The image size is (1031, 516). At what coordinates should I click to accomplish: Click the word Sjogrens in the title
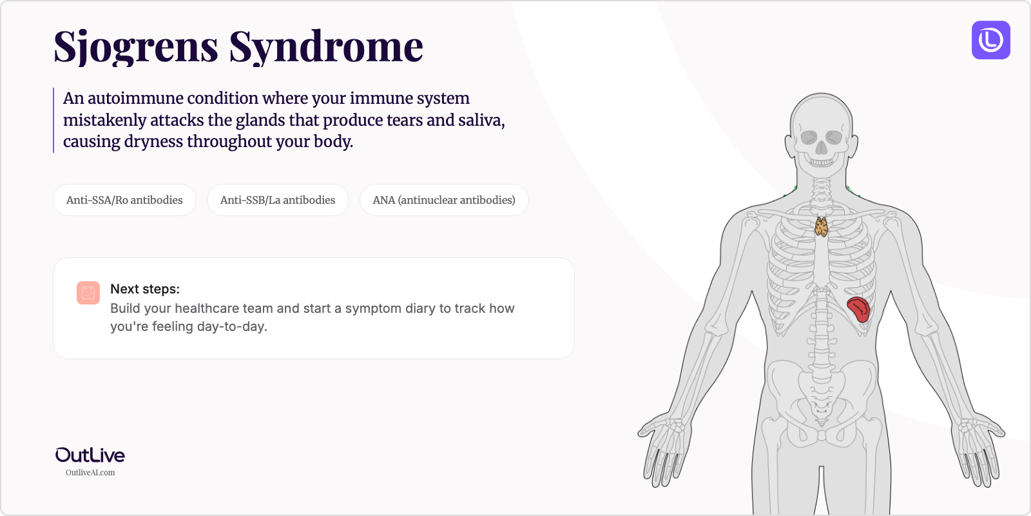pyautogui.click(x=136, y=47)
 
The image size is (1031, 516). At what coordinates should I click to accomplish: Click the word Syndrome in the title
pyautogui.click(x=326, y=47)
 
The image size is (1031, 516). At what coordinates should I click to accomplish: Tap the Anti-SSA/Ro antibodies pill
pyautogui.click(x=124, y=200)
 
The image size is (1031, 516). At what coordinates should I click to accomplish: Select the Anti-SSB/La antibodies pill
pyautogui.click(x=278, y=200)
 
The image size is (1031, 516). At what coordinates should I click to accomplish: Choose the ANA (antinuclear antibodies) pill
pyautogui.click(x=444, y=200)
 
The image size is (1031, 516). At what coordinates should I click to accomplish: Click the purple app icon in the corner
pyautogui.click(x=990, y=40)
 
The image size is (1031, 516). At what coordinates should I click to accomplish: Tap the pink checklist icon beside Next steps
pyautogui.click(x=88, y=293)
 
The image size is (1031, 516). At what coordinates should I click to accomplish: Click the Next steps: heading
pyautogui.click(x=145, y=289)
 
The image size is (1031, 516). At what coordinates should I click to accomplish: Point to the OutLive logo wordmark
pyautogui.click(x=90, y=455)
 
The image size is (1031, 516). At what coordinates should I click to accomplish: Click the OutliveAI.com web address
pyautogui.click(x=90, y=473)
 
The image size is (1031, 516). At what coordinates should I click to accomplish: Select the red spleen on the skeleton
pyautogui.click(x=858, y=308)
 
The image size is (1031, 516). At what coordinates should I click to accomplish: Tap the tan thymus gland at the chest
pyautogui.click(x=822, y=227)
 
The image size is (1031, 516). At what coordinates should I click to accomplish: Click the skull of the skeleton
pyautogui.click(x=821, y=129)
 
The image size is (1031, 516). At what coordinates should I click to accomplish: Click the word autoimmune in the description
pyautogui.click(x=137, y=99)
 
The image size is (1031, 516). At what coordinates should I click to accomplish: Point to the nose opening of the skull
pyautogui.click(x=821, y=148)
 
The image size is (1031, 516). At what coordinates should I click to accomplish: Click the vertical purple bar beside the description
pyautogui.click(x=53, y=120)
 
